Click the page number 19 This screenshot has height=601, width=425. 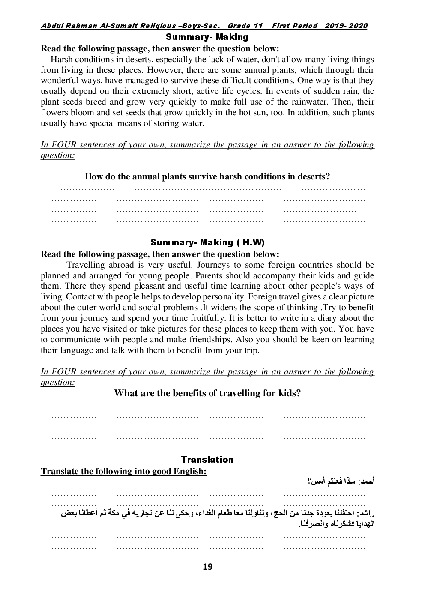[207, 567]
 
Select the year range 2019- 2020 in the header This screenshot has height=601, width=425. [346, 26]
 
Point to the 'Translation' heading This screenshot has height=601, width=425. [207, 460]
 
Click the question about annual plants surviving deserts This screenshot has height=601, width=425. [207, 176]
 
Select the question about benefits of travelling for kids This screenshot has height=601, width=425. [207, 393]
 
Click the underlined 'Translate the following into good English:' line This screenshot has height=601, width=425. [123, 471]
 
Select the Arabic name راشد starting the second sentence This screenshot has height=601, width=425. [366, 513]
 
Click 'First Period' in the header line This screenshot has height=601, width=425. [295, 26]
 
